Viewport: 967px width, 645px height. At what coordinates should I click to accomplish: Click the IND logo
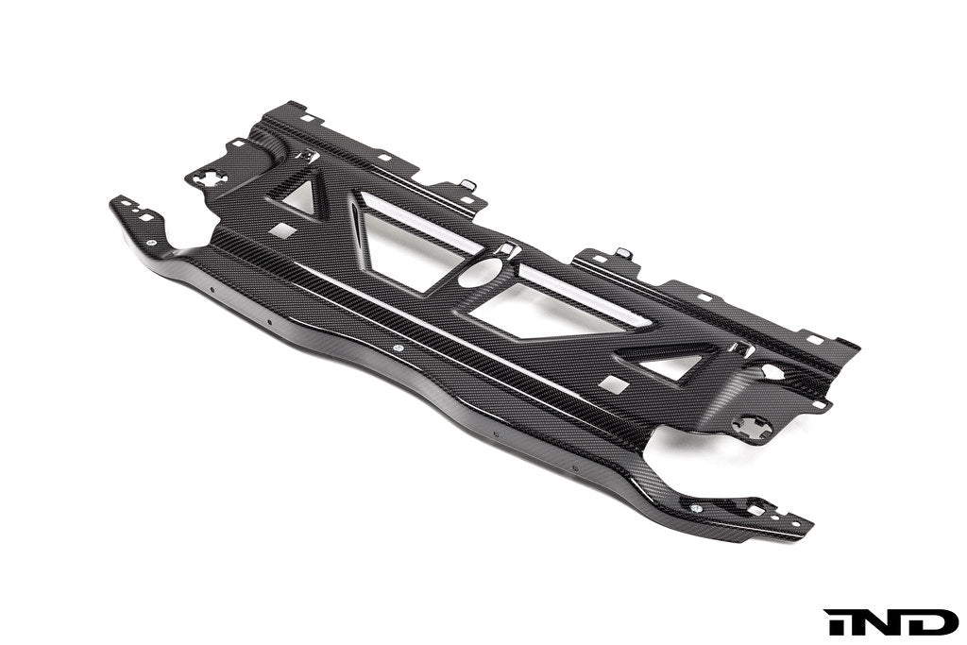[x=891, y=621]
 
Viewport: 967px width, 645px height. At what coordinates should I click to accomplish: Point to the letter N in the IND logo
[x=891, y=621]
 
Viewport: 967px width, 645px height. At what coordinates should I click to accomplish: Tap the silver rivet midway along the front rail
[x=397, y=348]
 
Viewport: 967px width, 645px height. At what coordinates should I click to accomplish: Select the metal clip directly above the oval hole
[x=506, y=249]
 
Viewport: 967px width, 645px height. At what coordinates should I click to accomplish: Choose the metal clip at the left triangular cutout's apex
[x=304, y=156]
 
